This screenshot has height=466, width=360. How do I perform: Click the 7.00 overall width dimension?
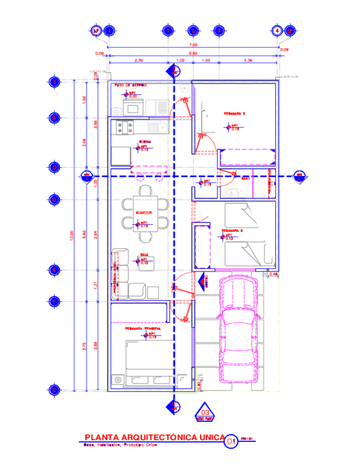coord(193,45)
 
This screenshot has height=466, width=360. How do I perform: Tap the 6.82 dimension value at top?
coord(193,53)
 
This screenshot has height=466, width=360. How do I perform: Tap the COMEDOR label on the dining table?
coord(143,212)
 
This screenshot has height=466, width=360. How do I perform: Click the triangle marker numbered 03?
coord(204,413)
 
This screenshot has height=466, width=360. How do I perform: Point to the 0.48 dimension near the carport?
coord(274,274)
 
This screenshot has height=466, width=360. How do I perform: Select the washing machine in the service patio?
coord(117,110)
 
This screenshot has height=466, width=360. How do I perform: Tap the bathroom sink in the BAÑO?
coord(231,192)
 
